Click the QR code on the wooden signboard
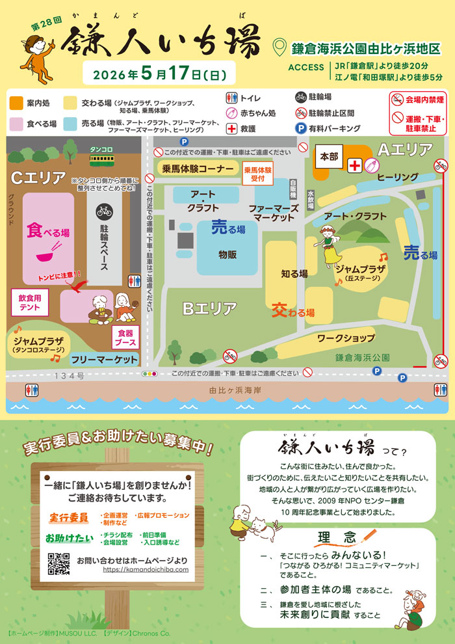point(59,563)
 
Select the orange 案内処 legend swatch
point(16,103)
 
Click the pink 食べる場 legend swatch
point(16,123)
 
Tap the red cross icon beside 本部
point(355,167)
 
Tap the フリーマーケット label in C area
point(105,359)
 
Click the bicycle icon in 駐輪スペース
point(103,211)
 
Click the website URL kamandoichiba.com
point(145,569)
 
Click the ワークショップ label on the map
point(346,338)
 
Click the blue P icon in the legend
point(301,129)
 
